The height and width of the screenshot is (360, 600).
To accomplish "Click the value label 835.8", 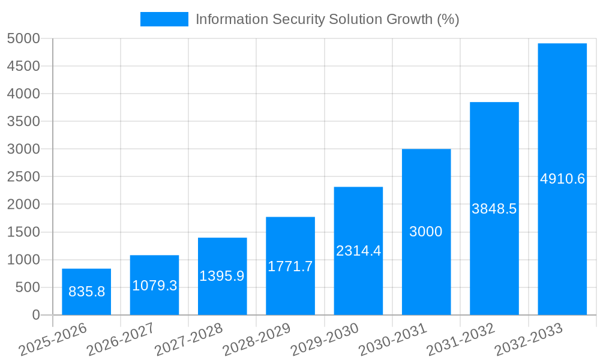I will [x=86, y=292].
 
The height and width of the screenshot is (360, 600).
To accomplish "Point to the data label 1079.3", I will [x=155, y=286].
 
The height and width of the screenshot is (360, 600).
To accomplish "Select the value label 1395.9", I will [x=222, y=276].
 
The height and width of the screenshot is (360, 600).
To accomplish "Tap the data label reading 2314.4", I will [x=358, y=251].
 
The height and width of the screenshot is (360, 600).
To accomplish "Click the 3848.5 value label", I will [x=494, y=209].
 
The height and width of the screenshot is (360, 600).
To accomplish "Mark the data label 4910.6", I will [x=562, y=179].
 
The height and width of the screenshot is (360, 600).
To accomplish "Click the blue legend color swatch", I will [x=164, y=19].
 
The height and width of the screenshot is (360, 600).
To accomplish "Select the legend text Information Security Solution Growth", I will [x=327, y=19].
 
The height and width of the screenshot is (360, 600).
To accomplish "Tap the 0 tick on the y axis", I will [x=35, y=315].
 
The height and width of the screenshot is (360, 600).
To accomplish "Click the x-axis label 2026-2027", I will [x=120, y=340].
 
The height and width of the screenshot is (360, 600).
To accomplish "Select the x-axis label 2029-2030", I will [x=324, y=340].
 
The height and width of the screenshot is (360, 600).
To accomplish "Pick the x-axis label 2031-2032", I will [x=460, y=340].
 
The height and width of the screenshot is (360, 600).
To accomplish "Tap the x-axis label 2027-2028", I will [x=188, y=340].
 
